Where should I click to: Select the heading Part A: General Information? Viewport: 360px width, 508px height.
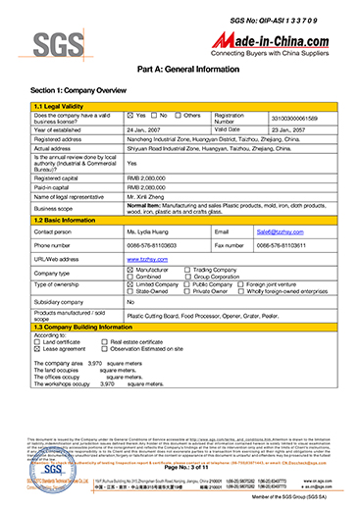click(180, 70)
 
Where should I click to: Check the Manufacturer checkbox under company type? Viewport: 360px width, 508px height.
click(130, 267)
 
